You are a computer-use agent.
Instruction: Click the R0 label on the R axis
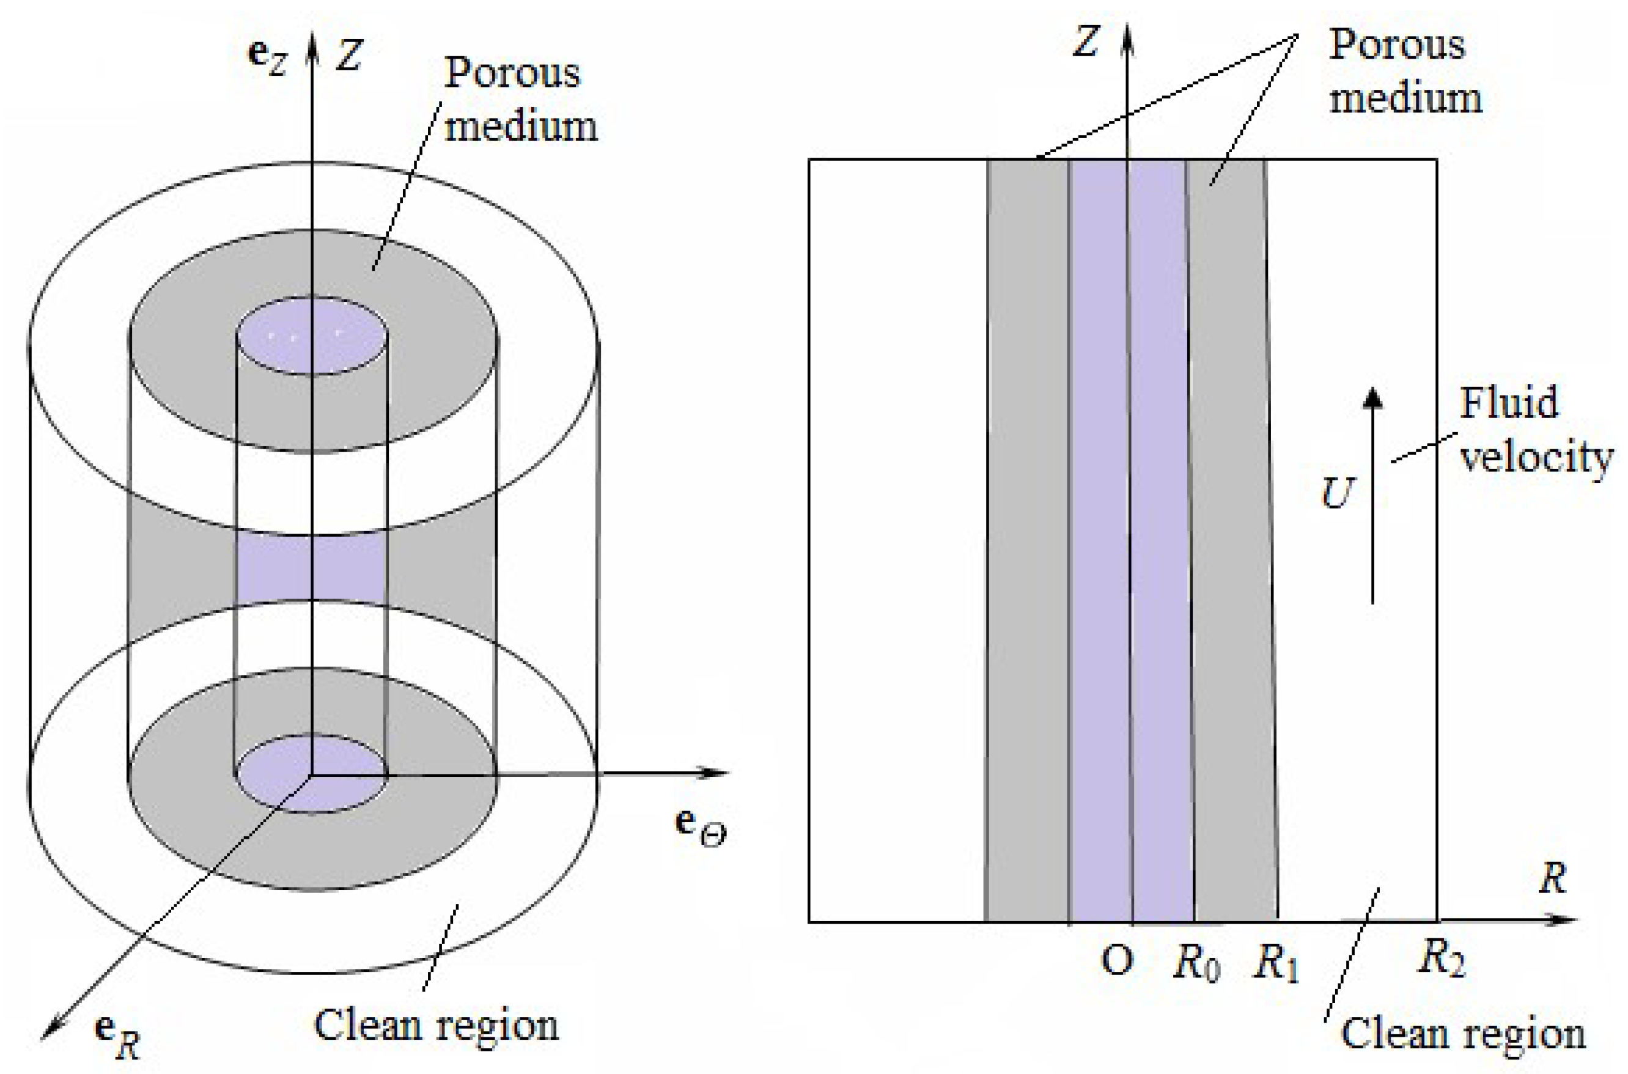pos(1196,964)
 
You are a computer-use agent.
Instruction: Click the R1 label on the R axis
pos(1275,964)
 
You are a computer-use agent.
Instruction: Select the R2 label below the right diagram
pos(1440,958)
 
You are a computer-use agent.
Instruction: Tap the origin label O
pos(1117,961)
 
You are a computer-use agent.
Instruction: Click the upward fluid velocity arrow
pos(1372,493)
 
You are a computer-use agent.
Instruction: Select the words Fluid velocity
pos(1534,430)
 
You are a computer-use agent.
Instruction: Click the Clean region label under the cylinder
pos(436,1024)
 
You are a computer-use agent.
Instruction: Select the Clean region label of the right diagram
pos(1462,1033)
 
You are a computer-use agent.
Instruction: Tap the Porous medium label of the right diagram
pos(1404,72)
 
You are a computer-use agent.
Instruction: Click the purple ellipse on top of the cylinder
pos(312,336)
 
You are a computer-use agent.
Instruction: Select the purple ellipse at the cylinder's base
pos(312,773)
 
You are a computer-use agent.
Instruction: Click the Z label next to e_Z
pos(349,56)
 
